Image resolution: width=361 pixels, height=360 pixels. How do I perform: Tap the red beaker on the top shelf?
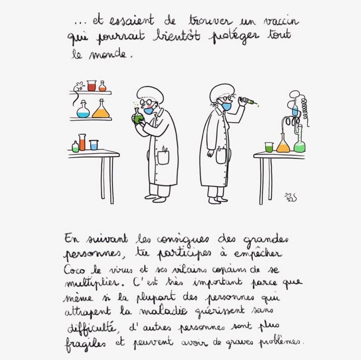pyautogui.click(x=91, y=86)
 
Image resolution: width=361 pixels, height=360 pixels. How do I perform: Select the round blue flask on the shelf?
pyautogui.click(x=83, y=110)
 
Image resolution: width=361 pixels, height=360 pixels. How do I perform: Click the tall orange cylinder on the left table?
pyautogui.click(x=82, y=142)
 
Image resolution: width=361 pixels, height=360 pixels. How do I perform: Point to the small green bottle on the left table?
pyautogui.click(x=75, y=147)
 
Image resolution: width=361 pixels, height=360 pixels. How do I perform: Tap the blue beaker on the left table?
pyautogui.click(x=94, y=145)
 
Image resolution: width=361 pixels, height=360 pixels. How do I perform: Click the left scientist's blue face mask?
pyautogui.click(x=149, y=110)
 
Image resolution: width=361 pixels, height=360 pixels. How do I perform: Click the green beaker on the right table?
pyautogui.click(x=269, y=147)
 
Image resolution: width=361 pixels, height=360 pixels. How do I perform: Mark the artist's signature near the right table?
pyautogui.click(x=291, y=198)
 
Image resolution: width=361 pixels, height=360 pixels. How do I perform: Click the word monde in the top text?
pyautogui.click(x=108, y=54)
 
